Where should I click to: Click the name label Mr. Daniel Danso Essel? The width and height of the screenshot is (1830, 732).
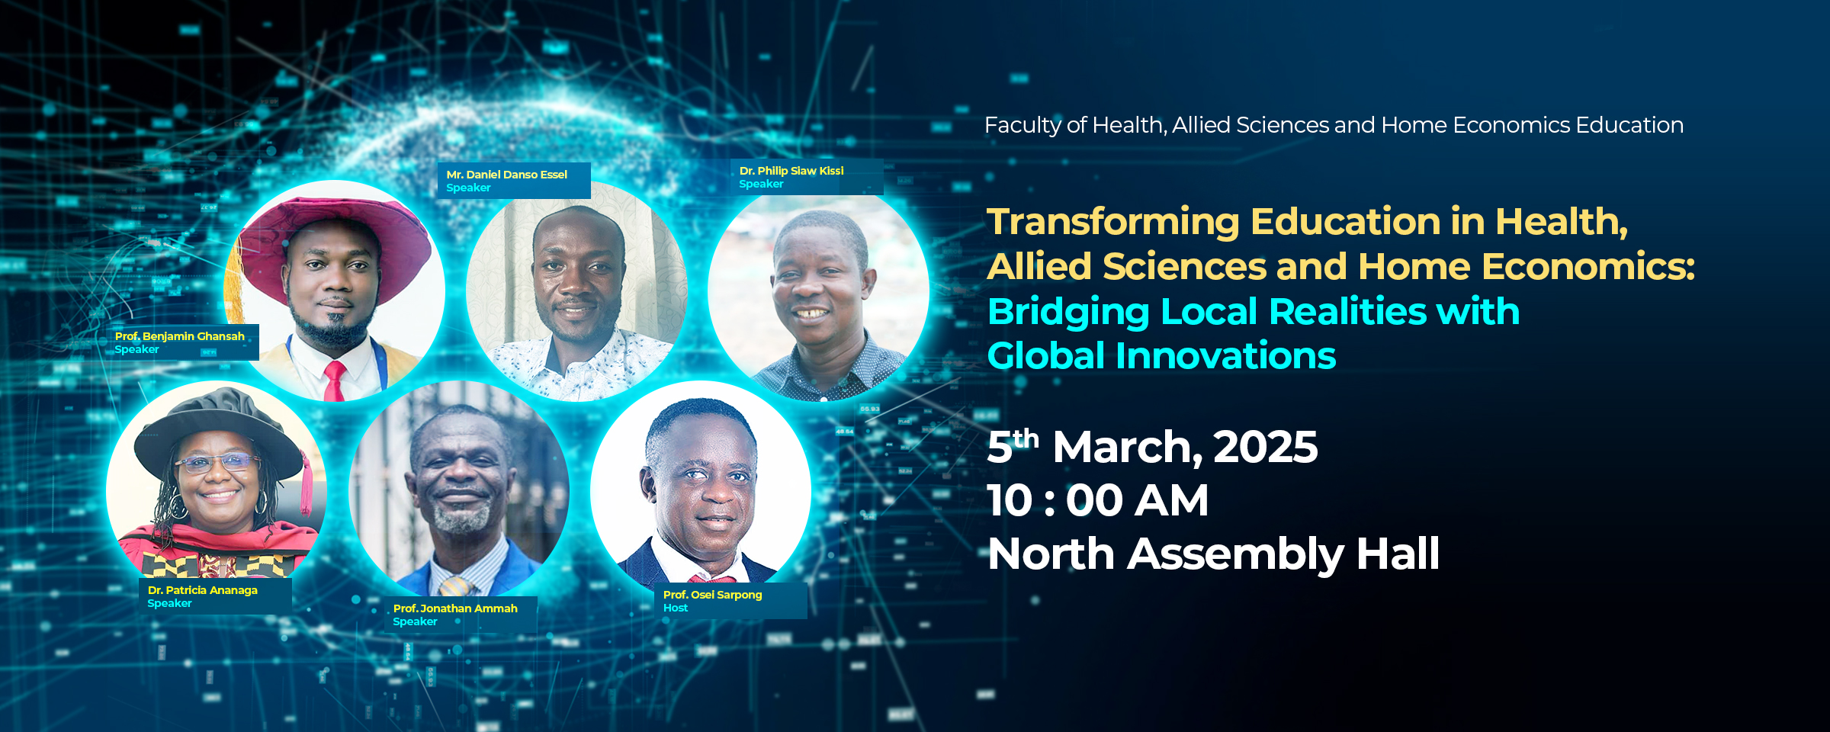(507, 175)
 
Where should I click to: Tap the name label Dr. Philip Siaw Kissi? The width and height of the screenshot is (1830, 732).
(791, 171)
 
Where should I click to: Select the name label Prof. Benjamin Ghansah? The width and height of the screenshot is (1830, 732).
(180, 336)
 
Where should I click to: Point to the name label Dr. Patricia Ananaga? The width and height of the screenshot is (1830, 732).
(203, 590)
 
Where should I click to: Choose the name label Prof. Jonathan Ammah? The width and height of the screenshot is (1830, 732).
(455, 608)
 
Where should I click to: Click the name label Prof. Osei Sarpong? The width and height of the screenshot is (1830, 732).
(713, 595)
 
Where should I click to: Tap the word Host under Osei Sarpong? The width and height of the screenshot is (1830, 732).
(676, 608)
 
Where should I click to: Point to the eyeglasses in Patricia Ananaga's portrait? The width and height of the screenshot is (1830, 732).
(217, 462)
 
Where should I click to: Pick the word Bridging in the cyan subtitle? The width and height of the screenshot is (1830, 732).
(1068, 313)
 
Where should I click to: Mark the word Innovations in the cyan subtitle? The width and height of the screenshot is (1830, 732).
(1226, 356)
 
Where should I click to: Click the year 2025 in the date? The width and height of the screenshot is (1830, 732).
(1265, 447)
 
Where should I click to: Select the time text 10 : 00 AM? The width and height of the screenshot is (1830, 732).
(1098, 501)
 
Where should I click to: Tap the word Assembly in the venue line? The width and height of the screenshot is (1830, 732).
(1235, 554)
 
